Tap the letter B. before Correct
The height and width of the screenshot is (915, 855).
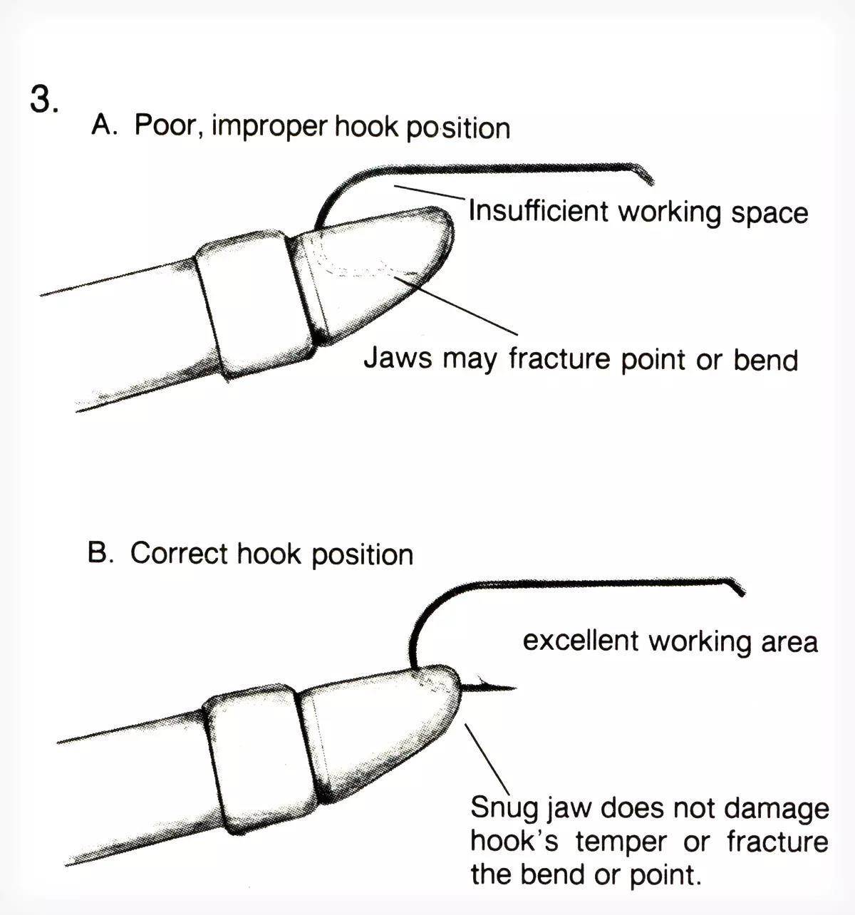(x=100, y=553)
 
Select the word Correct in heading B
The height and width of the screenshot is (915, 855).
(x=179, y=554)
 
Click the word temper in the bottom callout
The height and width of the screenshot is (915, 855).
(x=621, y=842)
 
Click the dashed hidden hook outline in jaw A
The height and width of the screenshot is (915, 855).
(x=349, y=267)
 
